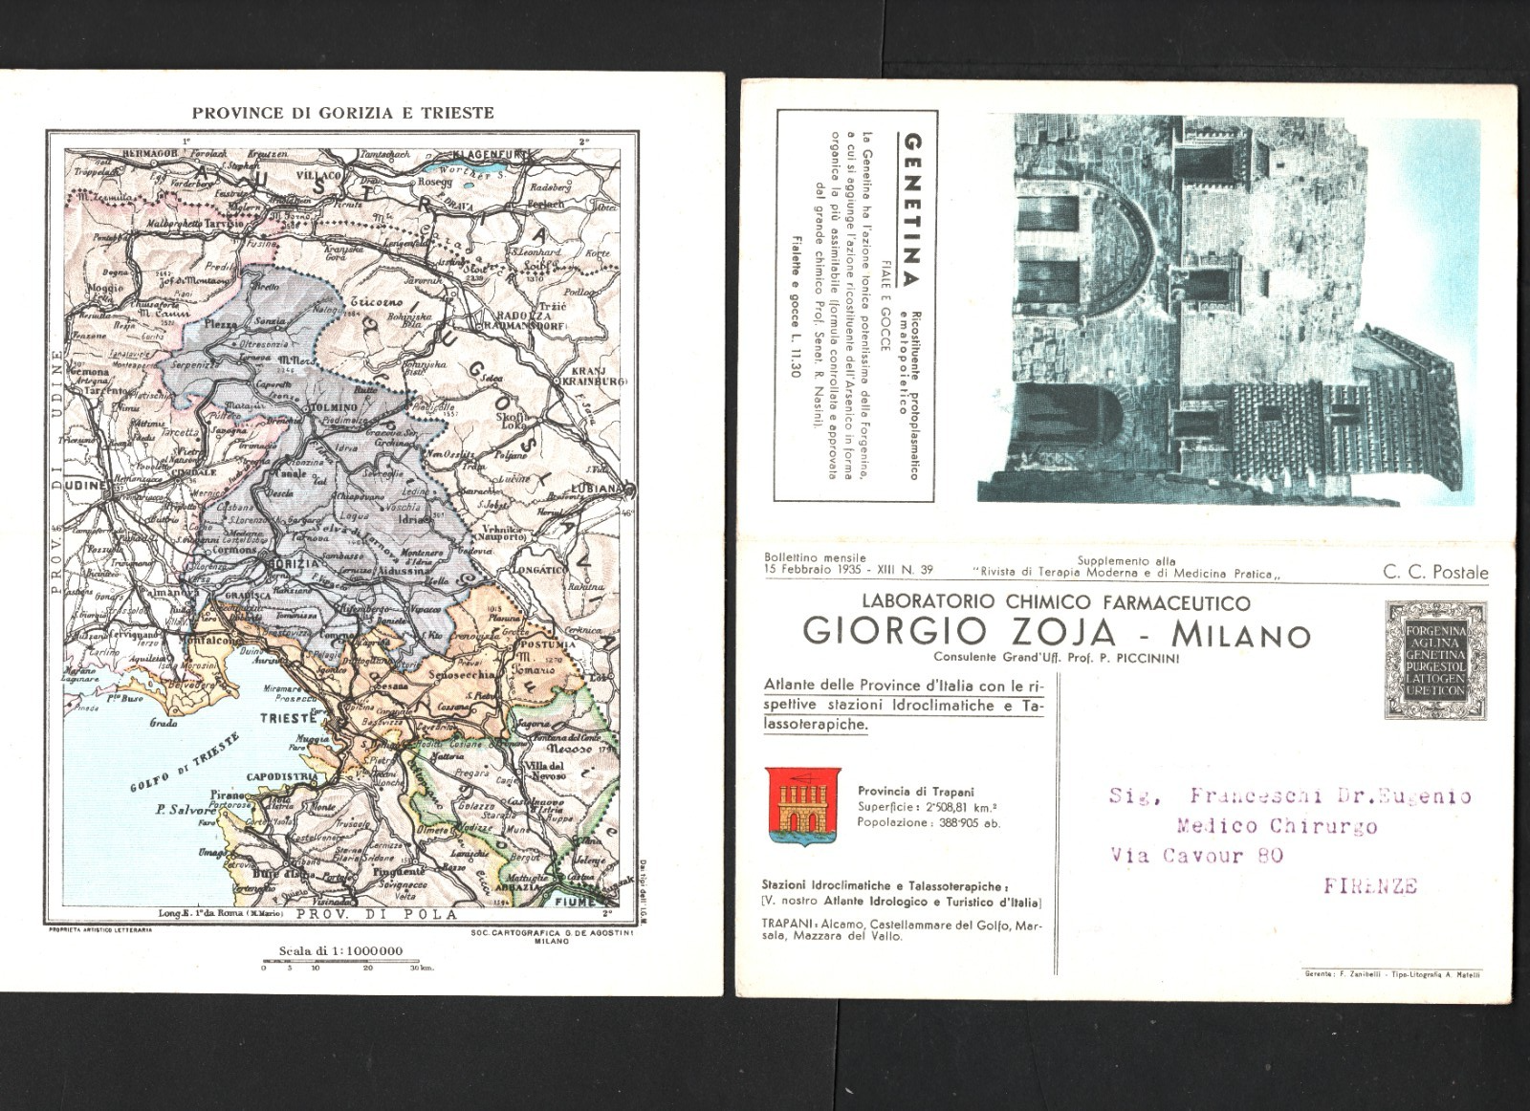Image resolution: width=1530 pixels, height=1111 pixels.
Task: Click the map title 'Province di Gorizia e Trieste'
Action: click(x=342, y=113)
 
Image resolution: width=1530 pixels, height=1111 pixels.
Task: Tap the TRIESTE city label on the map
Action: click(x=288, y=717)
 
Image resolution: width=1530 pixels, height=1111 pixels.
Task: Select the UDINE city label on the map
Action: click(x=83, y=487)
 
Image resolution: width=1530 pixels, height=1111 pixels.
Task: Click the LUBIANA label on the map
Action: click(x=595, y=488)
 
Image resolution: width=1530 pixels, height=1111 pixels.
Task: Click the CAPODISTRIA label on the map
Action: click(x=281, y=776)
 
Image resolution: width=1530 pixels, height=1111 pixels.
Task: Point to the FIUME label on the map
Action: click(x=575, y=901)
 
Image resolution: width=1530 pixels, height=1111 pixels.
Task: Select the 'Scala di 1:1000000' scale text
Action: click(x=340, y=951)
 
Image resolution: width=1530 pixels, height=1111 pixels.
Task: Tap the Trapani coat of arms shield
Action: click(x=803, y=806)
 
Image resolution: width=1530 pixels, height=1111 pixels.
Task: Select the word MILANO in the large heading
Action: click(x=1240, y=634)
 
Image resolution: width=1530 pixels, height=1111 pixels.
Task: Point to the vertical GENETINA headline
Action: click(x=912, y=209)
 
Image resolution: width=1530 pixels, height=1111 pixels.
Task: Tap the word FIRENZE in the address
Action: click(x=1370, y=886)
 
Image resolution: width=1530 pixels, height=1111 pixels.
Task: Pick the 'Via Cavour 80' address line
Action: click(x=1196, y=856)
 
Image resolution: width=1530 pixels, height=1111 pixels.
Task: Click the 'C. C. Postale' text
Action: click(x=1434, y=572)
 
